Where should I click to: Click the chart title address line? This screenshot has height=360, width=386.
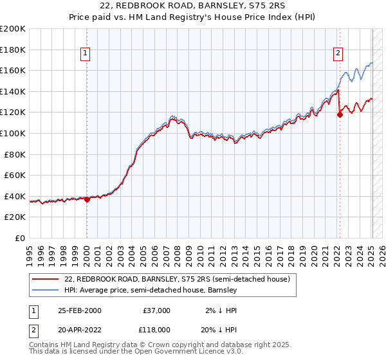click(192, 6)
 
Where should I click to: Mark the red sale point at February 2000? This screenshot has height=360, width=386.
click(87, 199)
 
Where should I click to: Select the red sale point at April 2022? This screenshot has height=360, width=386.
click(340, 115)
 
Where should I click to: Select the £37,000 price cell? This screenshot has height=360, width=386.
click(156, 310)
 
